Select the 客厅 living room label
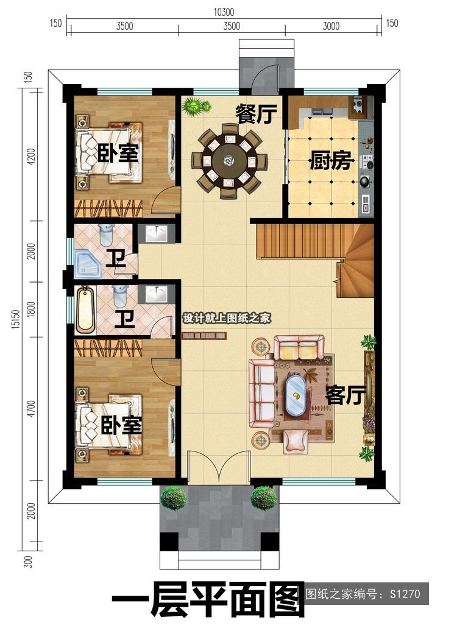click(x=345, y=395)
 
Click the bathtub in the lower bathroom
click(x=85, y=308)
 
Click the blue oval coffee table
click(x=295, y=395)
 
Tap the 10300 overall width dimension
click(x=224, y=12)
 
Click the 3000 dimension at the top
click(x=331, y=26)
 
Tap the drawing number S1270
click(x=405, y=594)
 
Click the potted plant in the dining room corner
click(x=196, y=107)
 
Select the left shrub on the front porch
click(x=174, y=498)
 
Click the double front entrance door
click(x=219, y=467)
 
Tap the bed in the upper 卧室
click(x=109, y=153)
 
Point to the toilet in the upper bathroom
click(x=106, y=235)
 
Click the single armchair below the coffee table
click(x=296, y=441)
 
